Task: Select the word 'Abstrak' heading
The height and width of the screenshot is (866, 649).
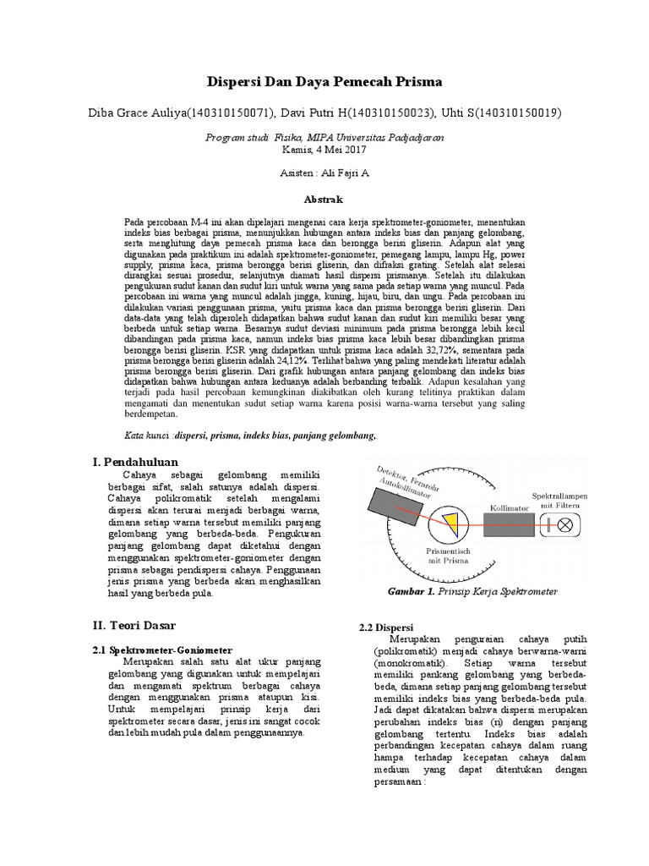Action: (324, 200)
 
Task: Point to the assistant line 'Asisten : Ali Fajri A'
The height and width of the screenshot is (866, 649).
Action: (324, 173)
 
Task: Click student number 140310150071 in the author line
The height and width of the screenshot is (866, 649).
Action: (236, 112)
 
